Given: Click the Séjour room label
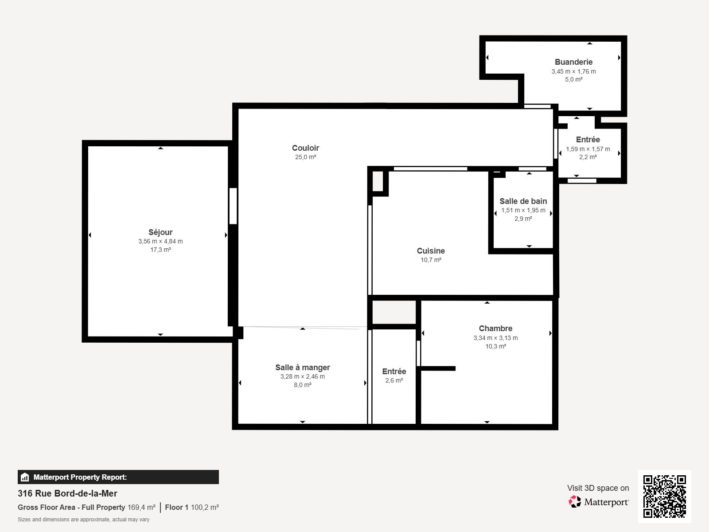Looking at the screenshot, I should pos(160,232).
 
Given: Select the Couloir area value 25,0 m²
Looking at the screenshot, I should pos(305,157).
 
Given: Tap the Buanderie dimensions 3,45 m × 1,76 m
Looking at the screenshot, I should pos(573,71).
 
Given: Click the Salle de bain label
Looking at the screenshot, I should pos(523,201).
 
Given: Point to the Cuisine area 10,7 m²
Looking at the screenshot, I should pos(431,260).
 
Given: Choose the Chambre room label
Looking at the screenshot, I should pos(495,329).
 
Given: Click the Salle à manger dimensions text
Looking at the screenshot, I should pos(302,376).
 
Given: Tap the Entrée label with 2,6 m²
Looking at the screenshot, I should pos(394,372).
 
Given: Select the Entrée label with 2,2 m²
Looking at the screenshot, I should pos(588,140).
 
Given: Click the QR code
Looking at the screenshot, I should pos(664,496).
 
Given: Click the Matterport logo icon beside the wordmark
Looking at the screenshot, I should pos(575,501).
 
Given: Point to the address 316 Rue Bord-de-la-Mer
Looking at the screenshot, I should pos(67,493).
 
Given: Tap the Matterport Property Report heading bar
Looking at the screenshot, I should pos(118,477).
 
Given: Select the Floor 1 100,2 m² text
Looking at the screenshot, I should pos(191,507).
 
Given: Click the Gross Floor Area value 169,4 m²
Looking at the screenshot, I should pos(141,507).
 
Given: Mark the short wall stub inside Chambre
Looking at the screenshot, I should pos(438,368).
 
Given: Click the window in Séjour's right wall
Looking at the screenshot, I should pos(233,206).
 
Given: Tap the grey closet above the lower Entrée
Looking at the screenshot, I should pos(393,312).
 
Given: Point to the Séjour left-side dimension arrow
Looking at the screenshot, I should pos(90,235).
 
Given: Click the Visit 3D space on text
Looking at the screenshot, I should pos(598,488).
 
